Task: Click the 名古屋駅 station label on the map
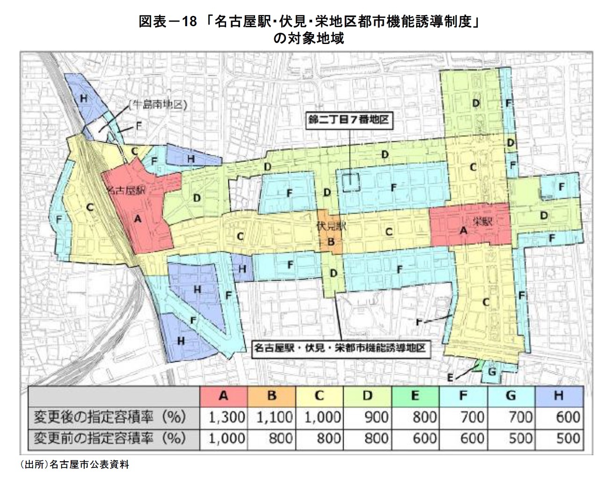126,190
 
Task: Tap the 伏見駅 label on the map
331,226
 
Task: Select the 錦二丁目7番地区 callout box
348,119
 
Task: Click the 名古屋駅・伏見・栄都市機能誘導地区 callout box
340,348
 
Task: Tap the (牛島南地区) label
158,104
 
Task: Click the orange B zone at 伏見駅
331,242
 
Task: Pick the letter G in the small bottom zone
491,371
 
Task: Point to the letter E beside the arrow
450,377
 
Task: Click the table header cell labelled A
223,396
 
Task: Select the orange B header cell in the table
271,396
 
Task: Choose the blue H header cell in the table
558,396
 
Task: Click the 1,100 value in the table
274,416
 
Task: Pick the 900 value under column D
376,416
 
